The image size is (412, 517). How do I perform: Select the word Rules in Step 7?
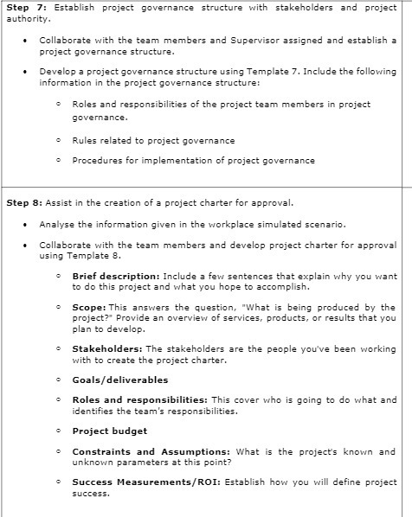[86, 140]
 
